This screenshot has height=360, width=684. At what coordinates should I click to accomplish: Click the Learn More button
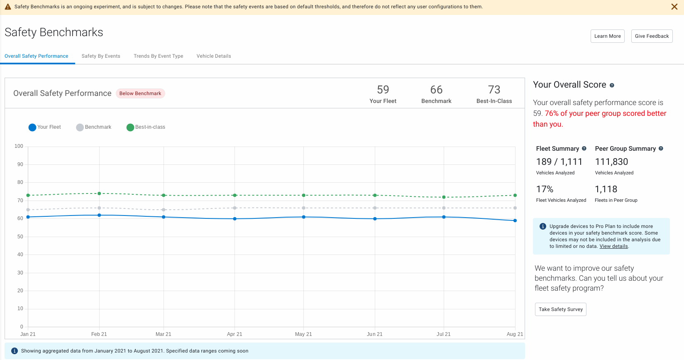(x=607, y=36)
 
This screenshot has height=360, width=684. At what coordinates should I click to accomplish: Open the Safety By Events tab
(x=101, y=56)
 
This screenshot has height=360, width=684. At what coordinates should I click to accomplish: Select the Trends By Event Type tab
(x=158, y=56)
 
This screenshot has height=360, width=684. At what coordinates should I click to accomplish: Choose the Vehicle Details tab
(x=214, y=56)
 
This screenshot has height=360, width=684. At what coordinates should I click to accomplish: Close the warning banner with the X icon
(x=674, y=7)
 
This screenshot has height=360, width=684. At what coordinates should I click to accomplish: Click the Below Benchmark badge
(x=140, y=93)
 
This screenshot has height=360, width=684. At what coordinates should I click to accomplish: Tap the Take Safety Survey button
(x=560, y=309)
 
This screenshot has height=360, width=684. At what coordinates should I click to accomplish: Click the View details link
(x=613, y=246)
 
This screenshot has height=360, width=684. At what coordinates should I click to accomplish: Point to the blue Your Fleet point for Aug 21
(x=515, y=220)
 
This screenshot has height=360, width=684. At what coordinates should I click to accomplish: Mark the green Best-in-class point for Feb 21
(x=99, y=193)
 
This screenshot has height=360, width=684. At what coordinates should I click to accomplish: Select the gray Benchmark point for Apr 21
(x=235, y=208)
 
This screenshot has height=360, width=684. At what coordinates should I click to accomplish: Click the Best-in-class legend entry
(x=146, y=127)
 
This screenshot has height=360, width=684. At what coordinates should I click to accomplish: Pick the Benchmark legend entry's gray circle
(x=80, y=127)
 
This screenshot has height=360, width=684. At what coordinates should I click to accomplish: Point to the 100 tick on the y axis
(x=19, y=146)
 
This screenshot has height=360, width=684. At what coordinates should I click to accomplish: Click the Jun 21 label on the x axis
(x=374, y=334)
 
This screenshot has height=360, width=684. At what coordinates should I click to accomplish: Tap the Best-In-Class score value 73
(x=494, y=90)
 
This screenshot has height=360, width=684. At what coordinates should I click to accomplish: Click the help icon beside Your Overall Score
(x=612, y=85)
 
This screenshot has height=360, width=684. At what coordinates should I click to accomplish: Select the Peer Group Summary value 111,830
(x=611, y=162)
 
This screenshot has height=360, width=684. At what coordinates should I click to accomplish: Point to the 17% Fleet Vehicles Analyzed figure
(x=545, y=189)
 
